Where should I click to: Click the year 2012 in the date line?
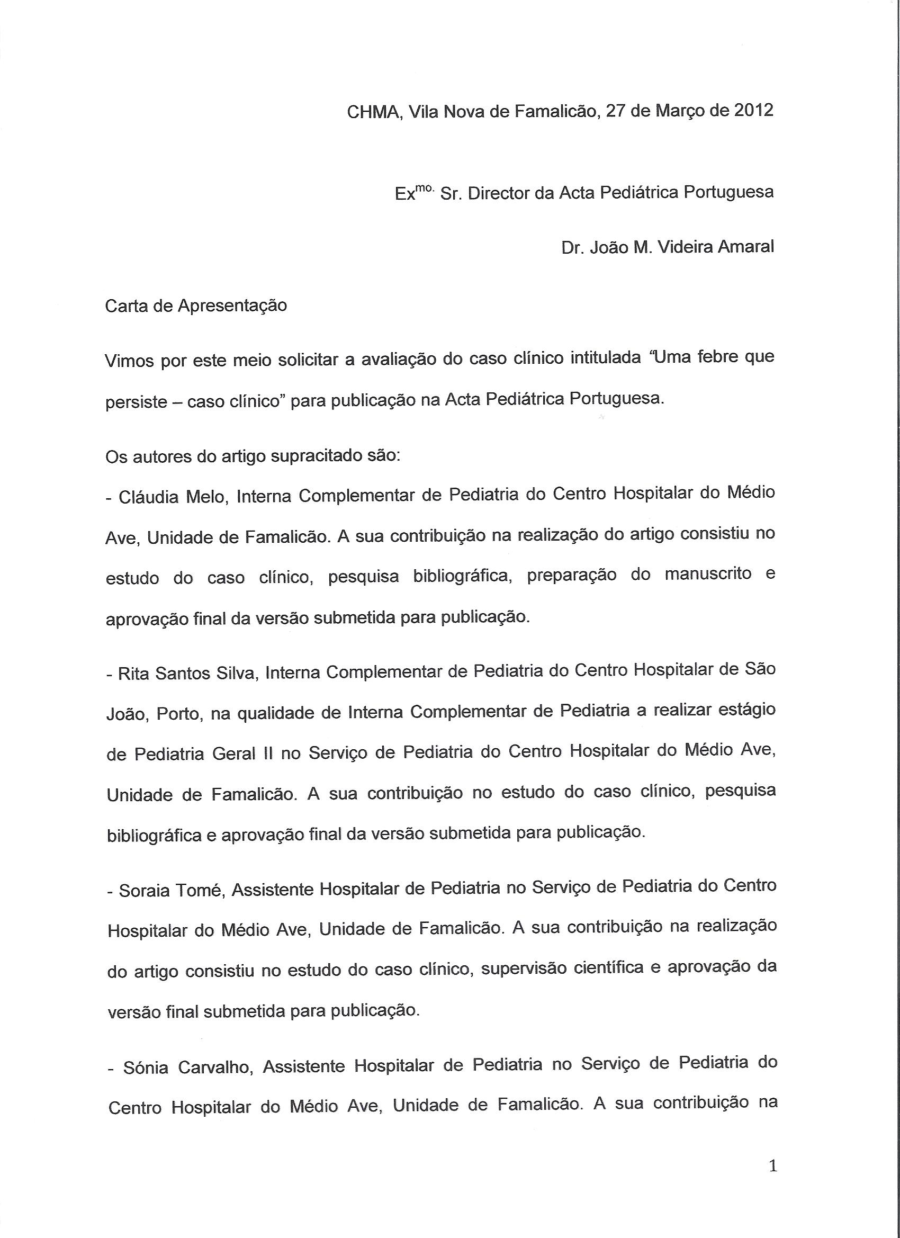[x=753, y=111]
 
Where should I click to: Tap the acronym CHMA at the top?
[x=374, y=112]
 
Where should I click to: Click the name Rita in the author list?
[x=134, y=674]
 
